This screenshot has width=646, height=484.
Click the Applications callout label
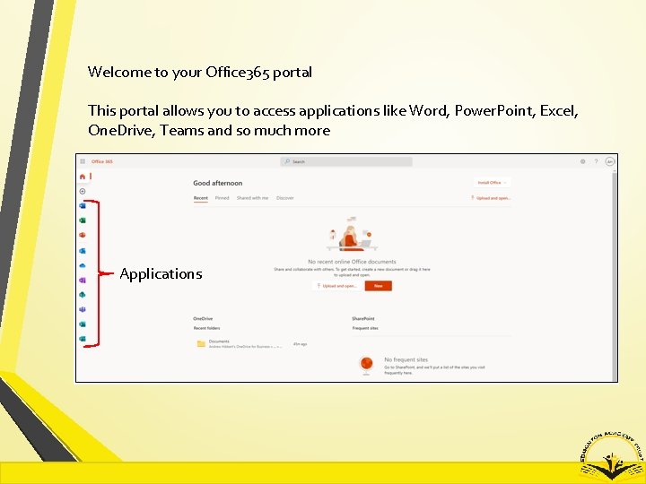tap(161, 273)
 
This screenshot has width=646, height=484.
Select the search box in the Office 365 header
tap(346, 161)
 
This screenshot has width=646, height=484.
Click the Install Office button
tap(493, 182)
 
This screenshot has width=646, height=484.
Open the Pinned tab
tap(222, 198)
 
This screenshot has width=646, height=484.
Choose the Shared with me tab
tap(252, 198)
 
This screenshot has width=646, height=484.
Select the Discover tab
tap(285, 198)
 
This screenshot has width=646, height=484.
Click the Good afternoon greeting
tap(218, 183)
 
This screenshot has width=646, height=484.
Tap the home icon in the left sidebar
tap(83, 177)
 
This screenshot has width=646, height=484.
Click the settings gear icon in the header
tap(582, 161)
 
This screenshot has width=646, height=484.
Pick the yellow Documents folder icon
tap(201, 343)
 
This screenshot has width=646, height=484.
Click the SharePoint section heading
tap(363, 318)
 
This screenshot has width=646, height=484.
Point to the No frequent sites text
tap(406, 359)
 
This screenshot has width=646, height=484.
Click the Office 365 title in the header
tap(102, 161)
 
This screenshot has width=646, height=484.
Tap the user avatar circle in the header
tap(610, 161)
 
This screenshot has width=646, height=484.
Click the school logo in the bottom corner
tap(610, 453)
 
